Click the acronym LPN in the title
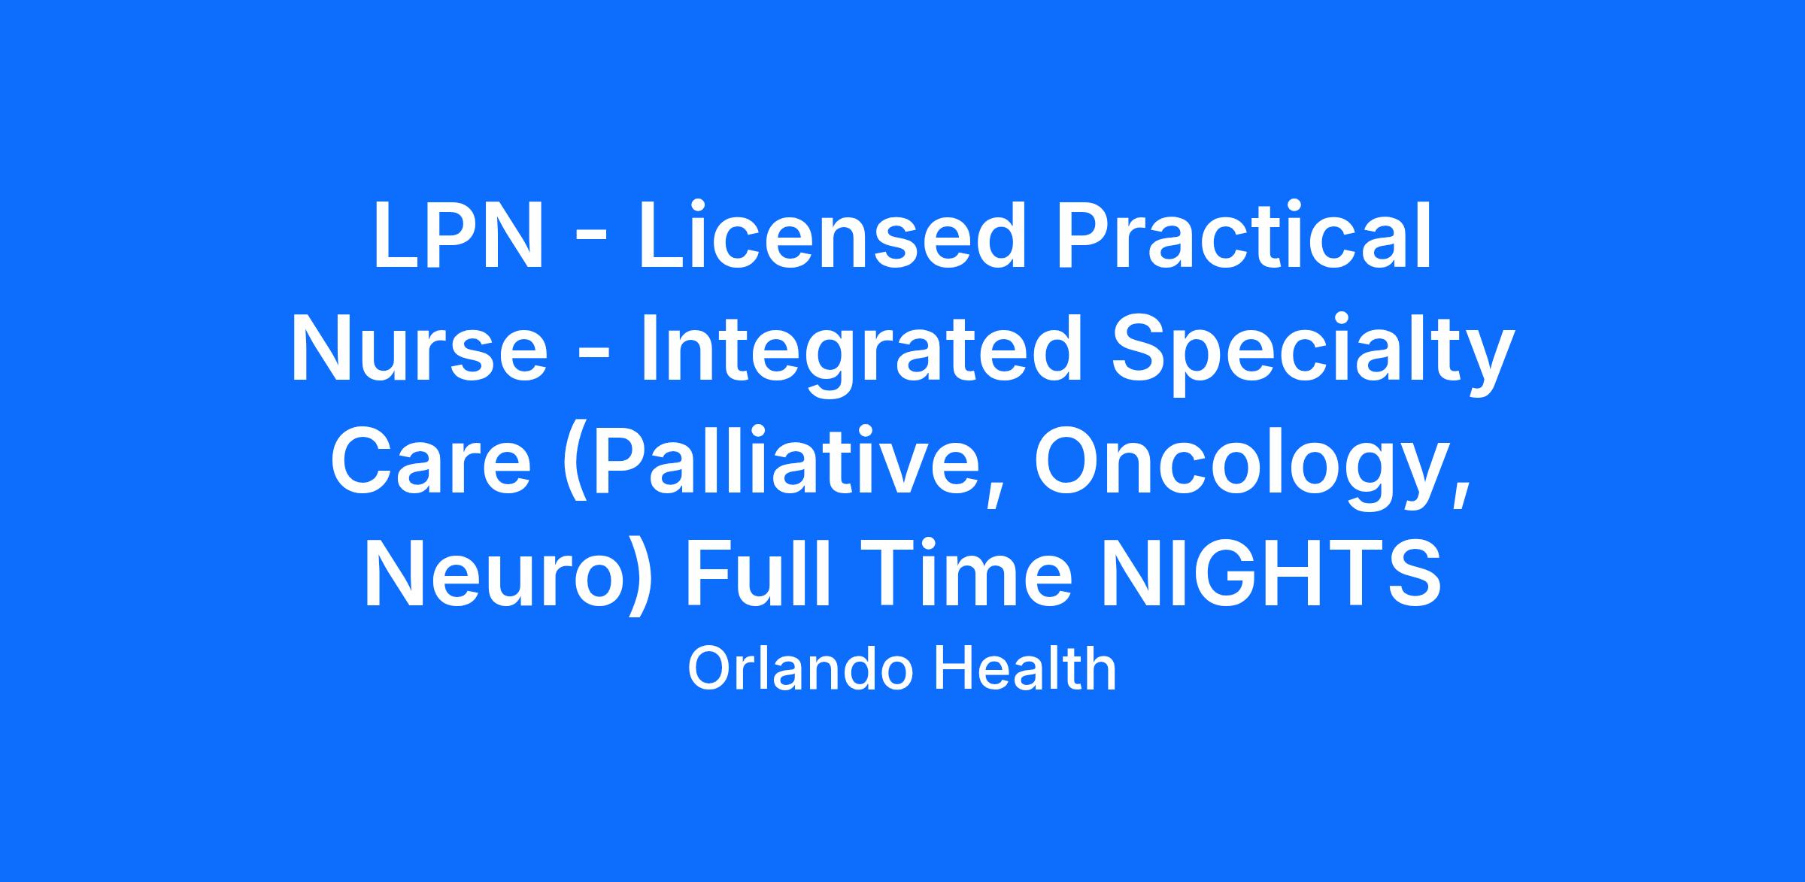457,234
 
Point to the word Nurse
419,348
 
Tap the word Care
432,461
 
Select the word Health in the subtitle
1025,669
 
